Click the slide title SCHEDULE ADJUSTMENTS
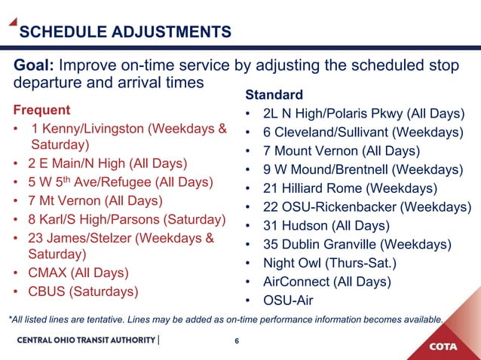(124, 32)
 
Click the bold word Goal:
(34, 66)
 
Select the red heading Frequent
(41, 110)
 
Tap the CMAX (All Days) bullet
(78, 273)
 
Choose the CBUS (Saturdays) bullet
(83, 291)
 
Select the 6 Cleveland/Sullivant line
(363, 133)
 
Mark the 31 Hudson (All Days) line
(326, 226)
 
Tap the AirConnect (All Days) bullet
(326, 282)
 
